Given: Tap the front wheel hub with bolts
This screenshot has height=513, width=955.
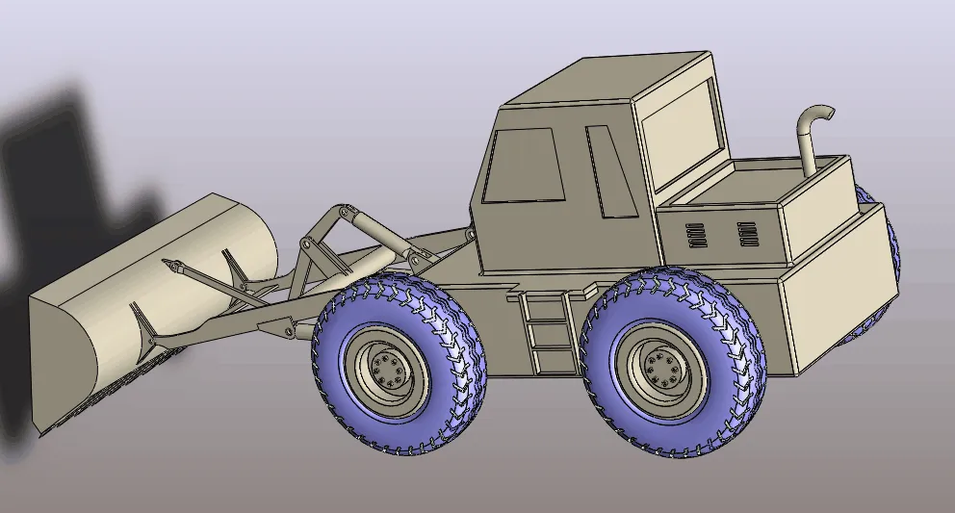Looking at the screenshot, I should click(388, 368).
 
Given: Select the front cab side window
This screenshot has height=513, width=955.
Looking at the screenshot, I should click(523, 166).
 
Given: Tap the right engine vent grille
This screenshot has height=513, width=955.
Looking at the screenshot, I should click(747, 232).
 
